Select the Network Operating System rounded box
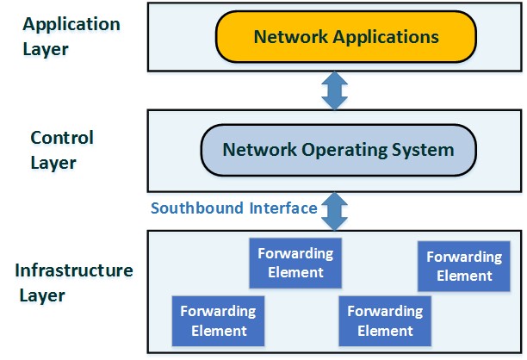point(338,150)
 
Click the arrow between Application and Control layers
point(333,90)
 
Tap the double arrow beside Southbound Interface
point(333,209)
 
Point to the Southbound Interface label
point(233,208)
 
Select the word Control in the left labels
point(62,138)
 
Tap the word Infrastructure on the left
point(74,270)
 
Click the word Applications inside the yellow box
point(388,37)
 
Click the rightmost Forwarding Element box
point(464,266)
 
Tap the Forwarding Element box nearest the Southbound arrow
point(296,264)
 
